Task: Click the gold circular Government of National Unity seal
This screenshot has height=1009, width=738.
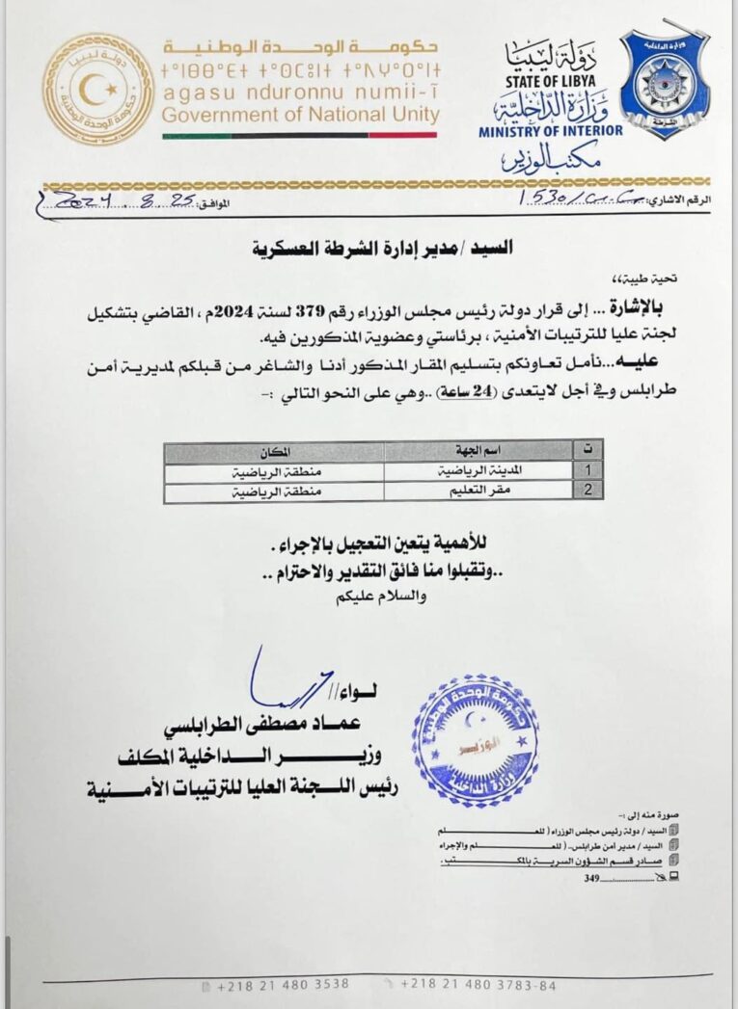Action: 98,90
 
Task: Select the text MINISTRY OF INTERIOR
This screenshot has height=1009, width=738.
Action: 551,130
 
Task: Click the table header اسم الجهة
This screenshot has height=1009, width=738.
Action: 480,451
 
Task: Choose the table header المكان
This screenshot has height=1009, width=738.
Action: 274,451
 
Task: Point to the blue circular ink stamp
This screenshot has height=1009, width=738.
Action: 476,739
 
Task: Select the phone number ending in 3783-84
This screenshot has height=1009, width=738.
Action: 478,984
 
